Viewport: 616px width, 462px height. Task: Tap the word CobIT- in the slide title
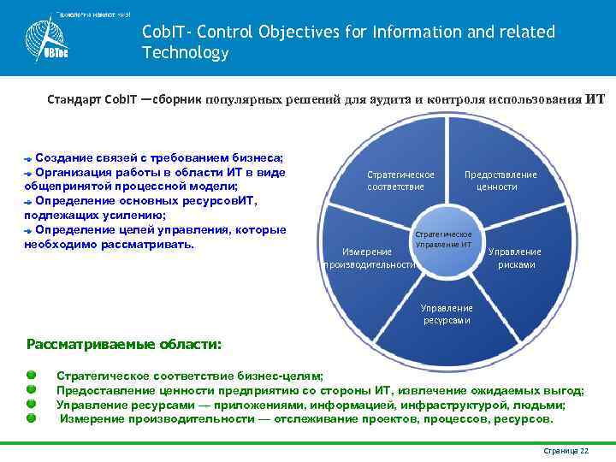pyautogui.click(x=167, y=33)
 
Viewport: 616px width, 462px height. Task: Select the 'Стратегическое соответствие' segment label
pyautogui.click(x=400, y=181)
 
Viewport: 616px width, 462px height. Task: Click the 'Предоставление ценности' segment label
pyautogui.click(x=500, y=181)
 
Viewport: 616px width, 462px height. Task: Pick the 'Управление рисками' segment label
pyautogui.click(x=515, y=258)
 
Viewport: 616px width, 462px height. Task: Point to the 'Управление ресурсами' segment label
pyautogui.click(x=447, y=314)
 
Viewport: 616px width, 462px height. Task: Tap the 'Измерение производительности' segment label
pyautogui.click(x=369, y=258)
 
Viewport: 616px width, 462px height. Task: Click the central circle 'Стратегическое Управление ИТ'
pyautogui.click(x=443, y=240)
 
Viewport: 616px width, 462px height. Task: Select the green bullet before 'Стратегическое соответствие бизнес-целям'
pyautogui.click(x=32, y=376)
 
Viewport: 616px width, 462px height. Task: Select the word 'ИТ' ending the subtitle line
pyautogui.click(x=595, y=99)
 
